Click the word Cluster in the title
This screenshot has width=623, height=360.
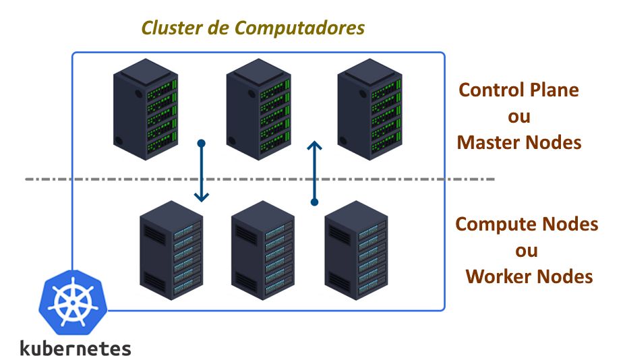(167, 28)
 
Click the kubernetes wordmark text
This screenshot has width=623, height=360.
(75, 348)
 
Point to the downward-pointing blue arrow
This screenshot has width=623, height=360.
(201, 173)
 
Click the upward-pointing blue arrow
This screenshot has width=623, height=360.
(314, 172)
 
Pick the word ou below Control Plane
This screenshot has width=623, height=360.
(518, 116)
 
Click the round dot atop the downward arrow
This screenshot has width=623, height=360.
(201, 144)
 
